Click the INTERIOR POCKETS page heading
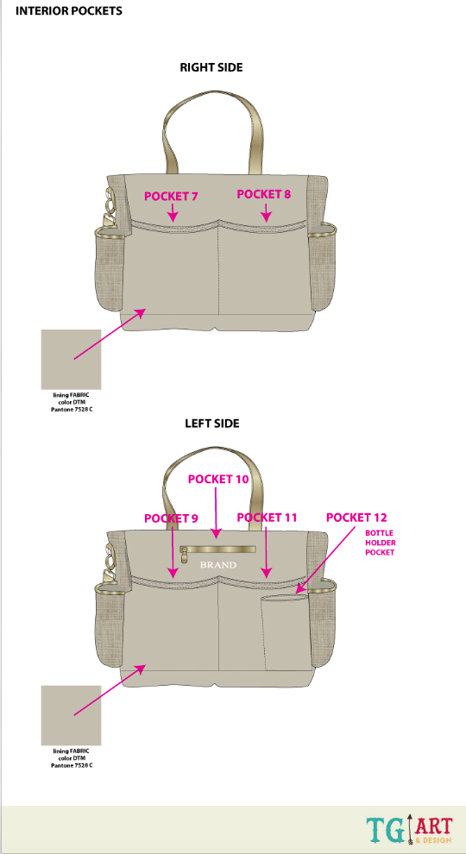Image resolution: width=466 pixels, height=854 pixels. (x=69, y=11)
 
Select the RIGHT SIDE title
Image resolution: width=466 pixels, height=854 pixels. (x=211, y=67)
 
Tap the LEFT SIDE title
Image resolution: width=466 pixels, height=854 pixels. (x=212, y=424)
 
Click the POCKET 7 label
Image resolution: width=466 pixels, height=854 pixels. (x=171, y=197)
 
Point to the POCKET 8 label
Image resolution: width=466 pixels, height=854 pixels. (x=264, y=194)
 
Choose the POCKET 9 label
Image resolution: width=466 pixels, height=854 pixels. (x=171, y=518)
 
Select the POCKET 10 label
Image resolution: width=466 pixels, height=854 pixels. (x=218, y=479)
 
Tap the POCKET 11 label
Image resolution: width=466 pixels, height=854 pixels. (x=268, y=518)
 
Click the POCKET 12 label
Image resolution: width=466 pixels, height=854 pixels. (x=356, y=518)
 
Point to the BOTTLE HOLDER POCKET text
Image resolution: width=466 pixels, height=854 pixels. (x=380, y=543)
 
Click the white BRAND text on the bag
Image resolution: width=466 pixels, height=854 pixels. (x=218, y=565)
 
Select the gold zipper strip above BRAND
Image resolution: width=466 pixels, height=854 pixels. (x=218, y=549)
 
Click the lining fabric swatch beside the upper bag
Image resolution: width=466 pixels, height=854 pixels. (x=72, y=360)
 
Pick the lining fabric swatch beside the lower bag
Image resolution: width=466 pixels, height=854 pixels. (x=72, y=715)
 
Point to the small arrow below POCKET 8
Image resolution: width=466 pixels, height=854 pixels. (x=266, y=212)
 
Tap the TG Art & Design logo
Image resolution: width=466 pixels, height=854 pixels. (x=409, y=830)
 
